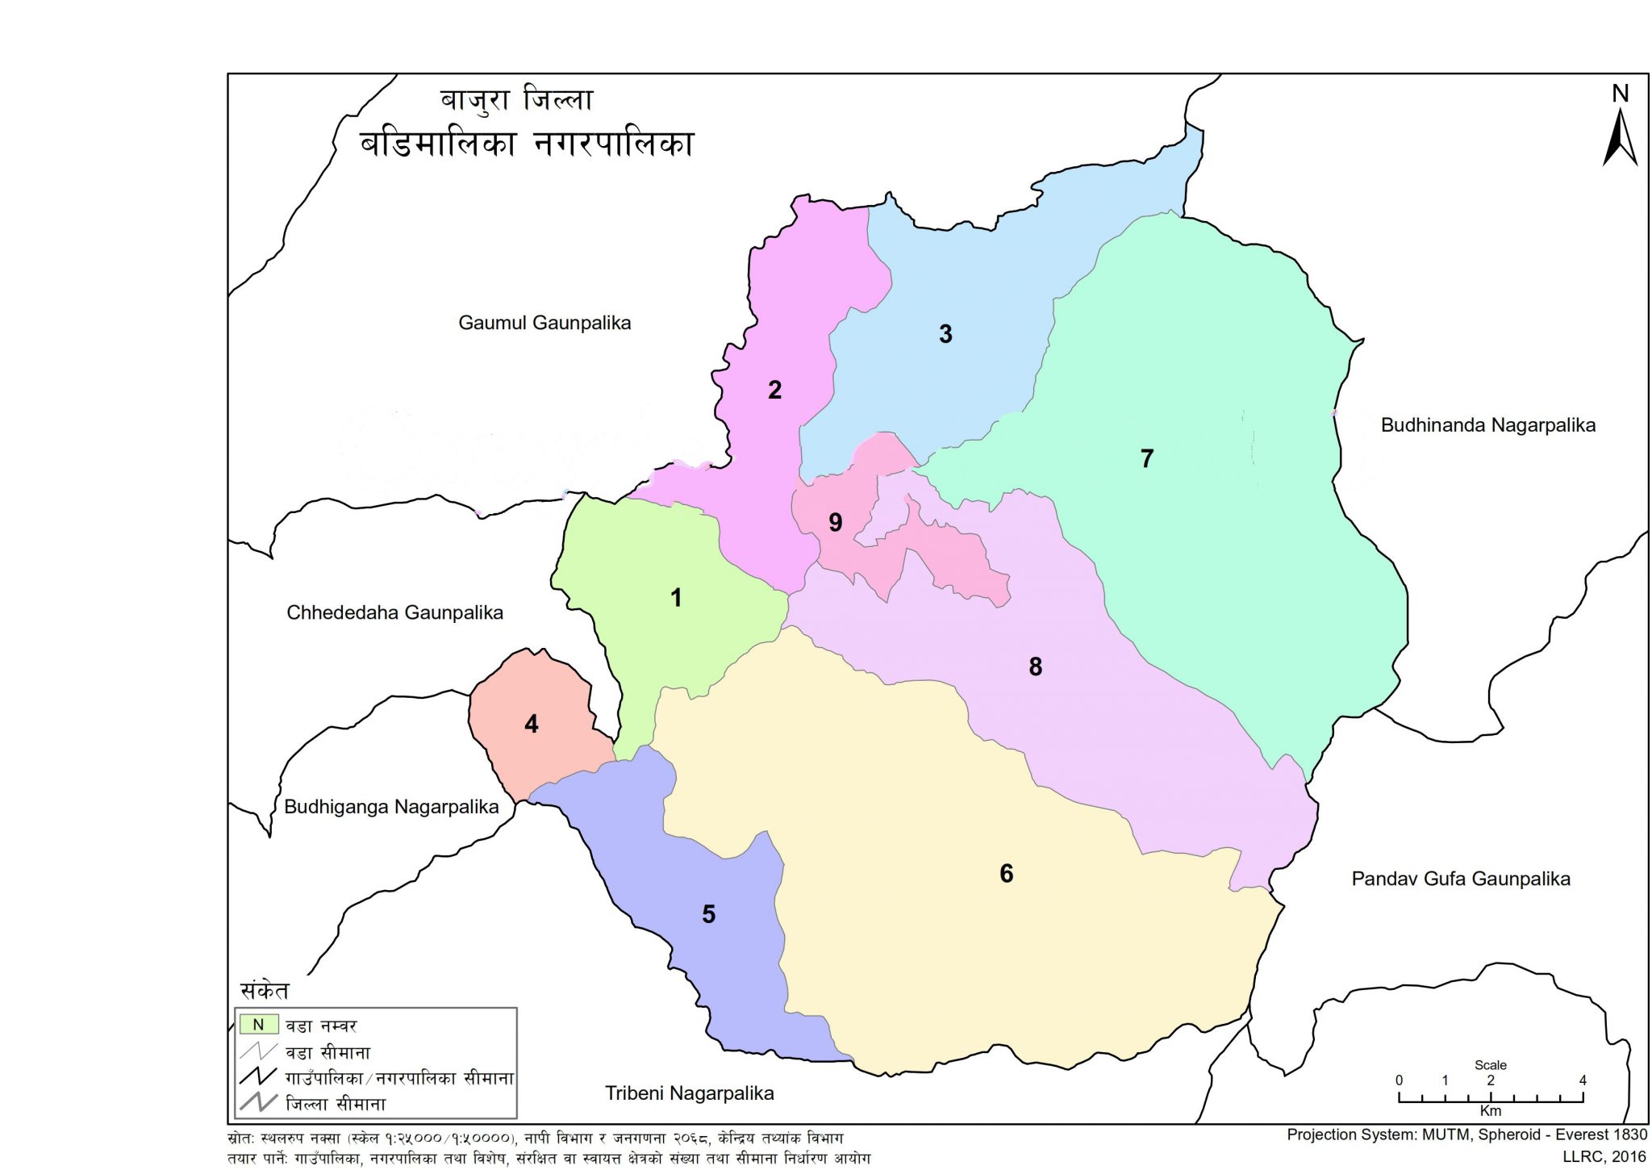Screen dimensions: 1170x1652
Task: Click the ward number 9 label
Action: pos(836,522)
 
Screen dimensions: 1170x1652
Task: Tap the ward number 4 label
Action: pos(531,724)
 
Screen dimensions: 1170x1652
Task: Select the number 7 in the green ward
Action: pos(1147,458)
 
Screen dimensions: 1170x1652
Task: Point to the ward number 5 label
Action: pos(708,914)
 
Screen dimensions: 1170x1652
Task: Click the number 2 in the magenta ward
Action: pos(774,390)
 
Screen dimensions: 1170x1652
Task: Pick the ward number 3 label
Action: pos(945,334)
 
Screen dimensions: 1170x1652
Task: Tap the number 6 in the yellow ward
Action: pos(1006,873)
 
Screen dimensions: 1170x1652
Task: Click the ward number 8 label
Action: pos(1035,666)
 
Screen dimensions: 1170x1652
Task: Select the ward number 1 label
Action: pos(676,598)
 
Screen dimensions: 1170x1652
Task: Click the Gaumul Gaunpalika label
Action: pos(544,323)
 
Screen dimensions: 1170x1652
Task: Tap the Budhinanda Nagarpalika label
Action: pos(1487,425)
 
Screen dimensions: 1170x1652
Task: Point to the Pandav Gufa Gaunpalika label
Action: pos(1460,879)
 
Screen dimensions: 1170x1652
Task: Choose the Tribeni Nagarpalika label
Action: pos(689,1093)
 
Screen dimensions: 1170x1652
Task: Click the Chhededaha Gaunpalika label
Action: pos(394,612)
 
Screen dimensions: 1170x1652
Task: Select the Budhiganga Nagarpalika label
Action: pos(391,807)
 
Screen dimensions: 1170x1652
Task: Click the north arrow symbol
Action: pos(1619,137)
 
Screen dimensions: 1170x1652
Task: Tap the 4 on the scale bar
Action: pos(1582,1080)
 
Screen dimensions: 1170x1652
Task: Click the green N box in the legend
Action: pos(258,1025)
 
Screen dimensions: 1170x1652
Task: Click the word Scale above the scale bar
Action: pos(1490,1065)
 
